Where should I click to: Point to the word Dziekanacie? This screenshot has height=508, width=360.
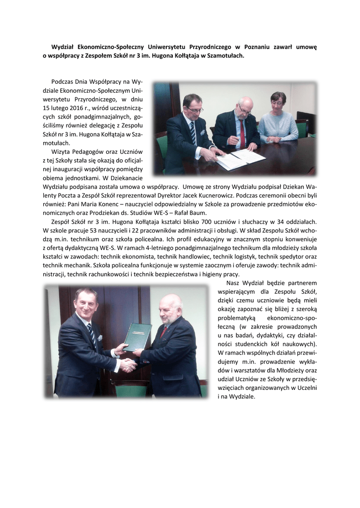pos(125,178)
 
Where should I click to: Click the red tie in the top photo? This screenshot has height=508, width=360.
pos(242,132)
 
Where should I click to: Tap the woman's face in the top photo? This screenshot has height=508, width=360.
pos(279,100)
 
